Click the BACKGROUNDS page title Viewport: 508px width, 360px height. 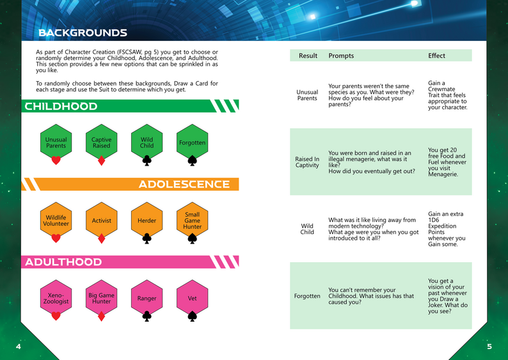point(83,33)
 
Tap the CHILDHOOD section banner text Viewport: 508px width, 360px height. point(61,106)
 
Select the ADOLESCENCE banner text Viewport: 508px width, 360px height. point(184,184)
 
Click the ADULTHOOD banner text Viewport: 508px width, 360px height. point(63,262)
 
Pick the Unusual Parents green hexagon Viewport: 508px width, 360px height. point(56,143)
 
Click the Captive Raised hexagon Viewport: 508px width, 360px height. point(101,143)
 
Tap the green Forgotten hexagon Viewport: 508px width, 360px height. point(192,143)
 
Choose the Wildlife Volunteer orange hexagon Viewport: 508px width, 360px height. point(56,221)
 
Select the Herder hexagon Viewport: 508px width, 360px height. point(147,221)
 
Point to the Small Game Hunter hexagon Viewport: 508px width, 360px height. point(192,221)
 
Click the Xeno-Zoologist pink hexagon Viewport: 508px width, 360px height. point(56,298)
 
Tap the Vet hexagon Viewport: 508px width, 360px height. point(192,298)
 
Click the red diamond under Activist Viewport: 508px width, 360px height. point(101,239)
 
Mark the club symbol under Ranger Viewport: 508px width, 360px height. point(147,317)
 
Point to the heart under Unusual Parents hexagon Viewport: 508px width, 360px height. point(56,160)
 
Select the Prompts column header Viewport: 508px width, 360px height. point(341,56)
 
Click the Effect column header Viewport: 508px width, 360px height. point(437,56)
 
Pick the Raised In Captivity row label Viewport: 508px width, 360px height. point(307,162)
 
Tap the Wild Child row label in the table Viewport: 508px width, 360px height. point(307,229)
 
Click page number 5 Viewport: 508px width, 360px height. point(489,347)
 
